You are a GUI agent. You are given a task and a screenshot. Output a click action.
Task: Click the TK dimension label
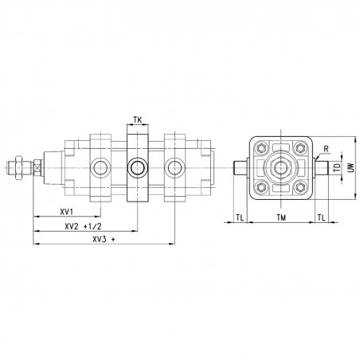tap(138, 120)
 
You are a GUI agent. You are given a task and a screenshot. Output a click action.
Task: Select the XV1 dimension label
tap(66, 212)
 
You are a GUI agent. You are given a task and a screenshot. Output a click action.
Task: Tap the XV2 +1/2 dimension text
tap(83, 226)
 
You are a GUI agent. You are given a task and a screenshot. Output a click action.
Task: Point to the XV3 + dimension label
tap(104, 240)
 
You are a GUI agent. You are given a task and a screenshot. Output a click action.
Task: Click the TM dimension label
tap(281, 218)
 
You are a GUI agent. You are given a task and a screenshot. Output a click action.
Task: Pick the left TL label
tap(240, 218)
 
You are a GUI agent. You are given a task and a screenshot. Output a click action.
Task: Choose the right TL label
tap(321, 218)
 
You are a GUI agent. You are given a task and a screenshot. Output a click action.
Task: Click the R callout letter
tap(327, 149)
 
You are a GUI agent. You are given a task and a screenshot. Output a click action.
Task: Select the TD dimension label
tap(337, 168)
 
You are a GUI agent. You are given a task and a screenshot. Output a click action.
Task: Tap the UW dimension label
tap(351, 167)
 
